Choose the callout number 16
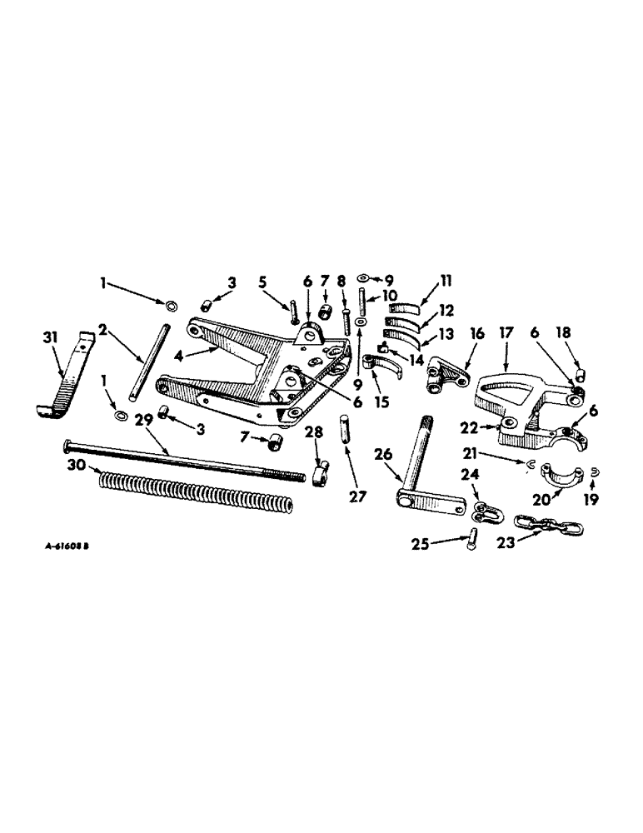pos(473,332)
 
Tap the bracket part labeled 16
pos(446,372)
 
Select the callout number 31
pos(51,337)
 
